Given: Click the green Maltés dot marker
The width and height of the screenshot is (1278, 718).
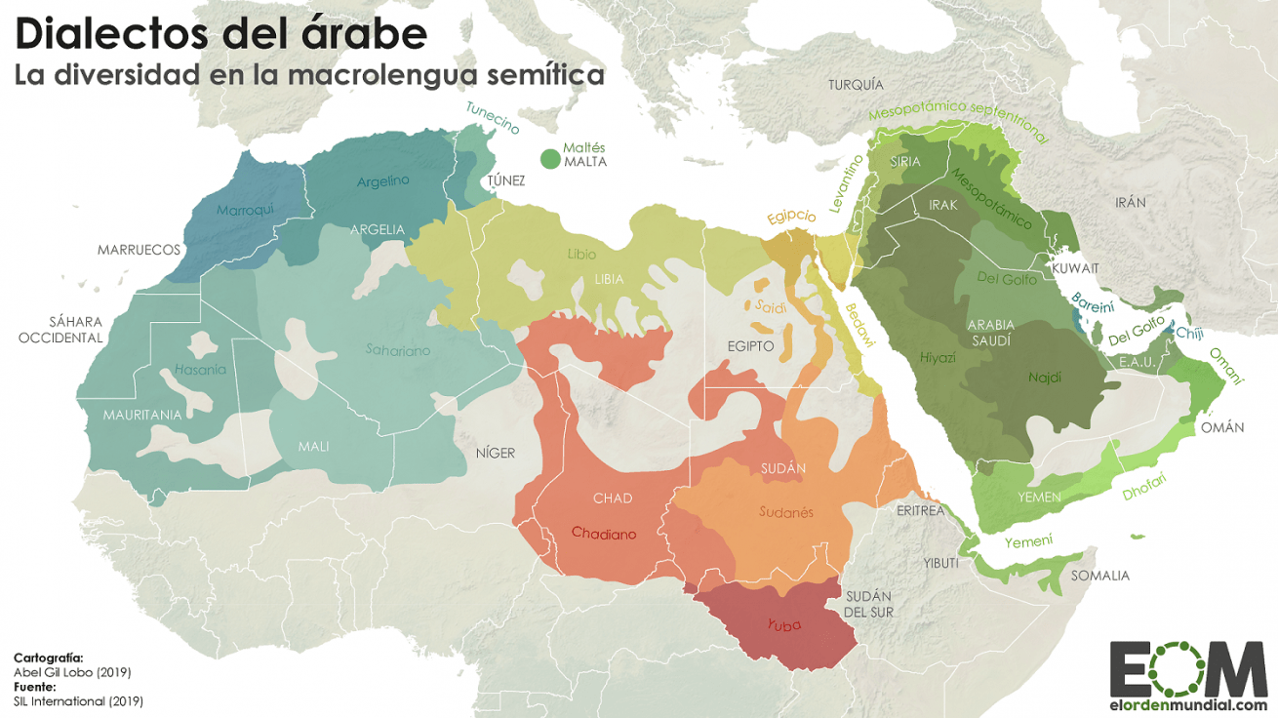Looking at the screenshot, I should point(550,158).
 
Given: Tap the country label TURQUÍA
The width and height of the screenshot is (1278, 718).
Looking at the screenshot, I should point(855,85).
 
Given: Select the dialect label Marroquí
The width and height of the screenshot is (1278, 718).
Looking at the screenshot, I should point(245,210).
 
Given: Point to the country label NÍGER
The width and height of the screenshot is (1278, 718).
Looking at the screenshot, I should point(495,453).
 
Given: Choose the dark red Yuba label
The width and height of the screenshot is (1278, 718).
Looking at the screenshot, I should point(784,625).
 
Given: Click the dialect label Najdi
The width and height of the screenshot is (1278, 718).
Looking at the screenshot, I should point(1044,377).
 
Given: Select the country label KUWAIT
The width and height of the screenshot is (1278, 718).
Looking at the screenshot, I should point(1075,268).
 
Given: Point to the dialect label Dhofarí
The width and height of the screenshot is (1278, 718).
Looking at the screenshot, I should point(1143,487).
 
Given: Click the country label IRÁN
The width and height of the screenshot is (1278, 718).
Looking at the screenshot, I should point(1131,203).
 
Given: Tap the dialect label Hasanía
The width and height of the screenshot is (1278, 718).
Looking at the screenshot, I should point(199,370).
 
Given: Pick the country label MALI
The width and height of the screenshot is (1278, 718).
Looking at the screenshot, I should point(313,447).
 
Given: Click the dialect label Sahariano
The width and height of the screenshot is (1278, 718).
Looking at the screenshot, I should point(397,349).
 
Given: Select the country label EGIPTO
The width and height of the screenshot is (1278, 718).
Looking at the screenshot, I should point(750,346).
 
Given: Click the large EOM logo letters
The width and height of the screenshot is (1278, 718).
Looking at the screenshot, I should point(1188,669).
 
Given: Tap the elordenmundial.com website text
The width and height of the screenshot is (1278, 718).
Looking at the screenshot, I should point(1188,705).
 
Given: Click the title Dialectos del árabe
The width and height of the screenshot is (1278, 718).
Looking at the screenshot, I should point(220,34).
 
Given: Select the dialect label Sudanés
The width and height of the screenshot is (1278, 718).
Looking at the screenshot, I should point(785,512).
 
